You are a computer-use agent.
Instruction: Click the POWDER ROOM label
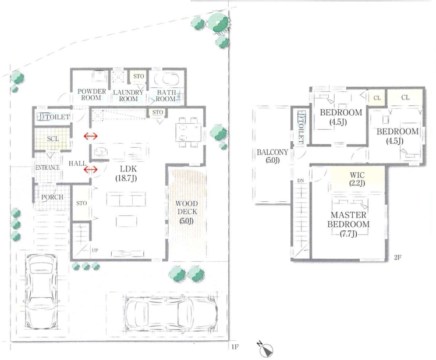point(91,94)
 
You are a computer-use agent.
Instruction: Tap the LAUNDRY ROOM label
point(128,95)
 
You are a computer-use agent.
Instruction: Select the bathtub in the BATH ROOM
point(166,79)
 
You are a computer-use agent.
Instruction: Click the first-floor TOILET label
point(57,117)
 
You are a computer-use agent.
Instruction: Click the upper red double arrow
point(91,136)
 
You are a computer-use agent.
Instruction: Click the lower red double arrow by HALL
point(91,169)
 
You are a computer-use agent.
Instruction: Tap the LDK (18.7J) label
point(126,173)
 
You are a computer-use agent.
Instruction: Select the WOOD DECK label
point(187,212)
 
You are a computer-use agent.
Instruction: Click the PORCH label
point(52,197)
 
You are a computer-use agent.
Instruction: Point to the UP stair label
point(95,250)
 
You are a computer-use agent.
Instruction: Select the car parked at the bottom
point(171,313)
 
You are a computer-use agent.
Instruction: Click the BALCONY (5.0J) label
point(272,156)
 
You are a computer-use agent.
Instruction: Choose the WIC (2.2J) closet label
point(357,179)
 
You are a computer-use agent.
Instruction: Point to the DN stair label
point(300,181)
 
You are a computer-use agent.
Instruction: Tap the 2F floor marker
point(398,257)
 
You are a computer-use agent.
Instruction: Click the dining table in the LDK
point(189,132)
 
